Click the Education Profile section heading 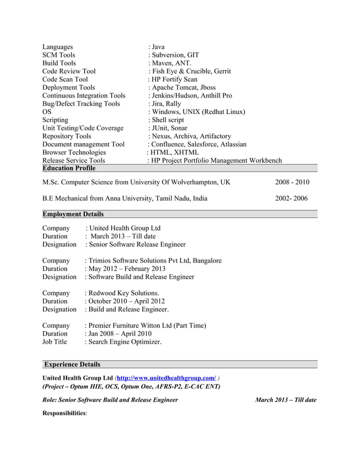coord(69,168)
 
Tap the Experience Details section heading coord(72,364)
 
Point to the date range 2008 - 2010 coord(292,182)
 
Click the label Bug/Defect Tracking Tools coord(81,104)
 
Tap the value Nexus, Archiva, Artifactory coord(190,136)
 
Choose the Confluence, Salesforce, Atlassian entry coord(197,144)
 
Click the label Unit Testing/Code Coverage coord(83,128)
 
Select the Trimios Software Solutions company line coord(153,261)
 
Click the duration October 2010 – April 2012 coord(125,301)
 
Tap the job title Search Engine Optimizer coord(124,342)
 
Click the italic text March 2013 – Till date coord(286,400)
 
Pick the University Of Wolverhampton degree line coord(137,182)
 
